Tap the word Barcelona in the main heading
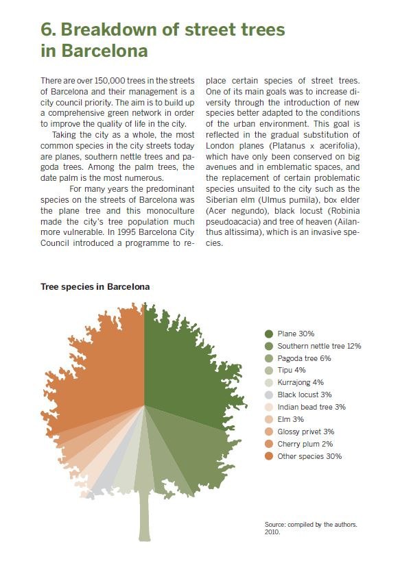[x=104, y=51]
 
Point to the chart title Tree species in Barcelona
[x=95, y=286]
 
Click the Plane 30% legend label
[x=296, y=334]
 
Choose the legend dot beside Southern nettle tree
[x=269, y=347]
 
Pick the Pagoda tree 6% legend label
[x=304, y=358]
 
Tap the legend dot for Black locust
[x=269, y=395]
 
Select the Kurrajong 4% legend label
[x=301, y=382]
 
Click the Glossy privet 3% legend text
[x=306, y=432]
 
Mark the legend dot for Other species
[x=269, y=456]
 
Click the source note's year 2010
[x=272, y=532]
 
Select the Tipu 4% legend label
[x=292, y=370]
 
